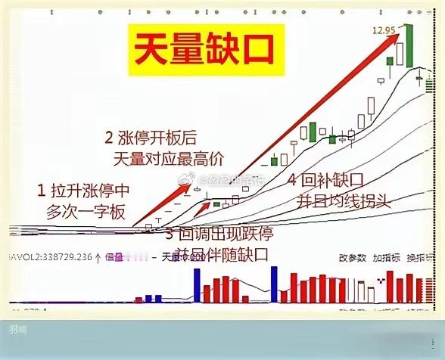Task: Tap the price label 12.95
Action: pos(384,29)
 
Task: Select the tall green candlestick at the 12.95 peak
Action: pos(409,45)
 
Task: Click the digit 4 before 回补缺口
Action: pos(294,182)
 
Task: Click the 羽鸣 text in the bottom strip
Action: pos(16,329)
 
